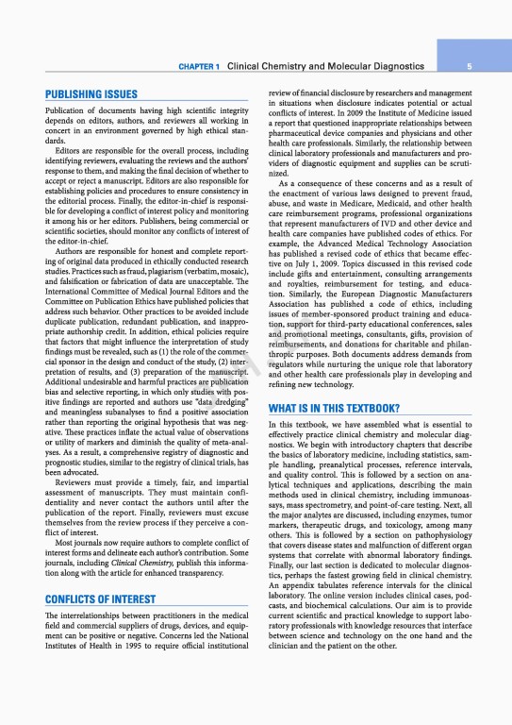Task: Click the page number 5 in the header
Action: [482, 67]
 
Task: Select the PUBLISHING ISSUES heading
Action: [91, 95]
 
